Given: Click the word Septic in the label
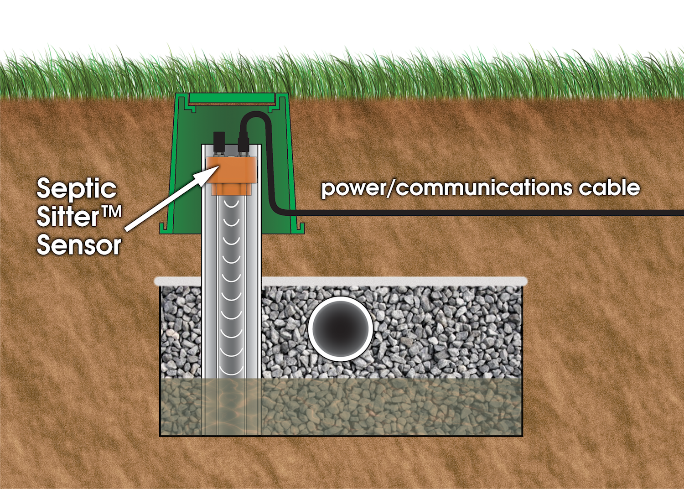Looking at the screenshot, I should [x=77, y=189].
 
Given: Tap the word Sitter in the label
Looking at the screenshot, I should [x=68, y=217].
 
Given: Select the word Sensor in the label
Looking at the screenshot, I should [x=79, y=245].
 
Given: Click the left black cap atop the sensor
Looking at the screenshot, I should [x=220, y=138].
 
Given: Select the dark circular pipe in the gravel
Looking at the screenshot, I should [x=340, y=328].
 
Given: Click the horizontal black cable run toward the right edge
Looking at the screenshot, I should [x=547, y=213].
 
